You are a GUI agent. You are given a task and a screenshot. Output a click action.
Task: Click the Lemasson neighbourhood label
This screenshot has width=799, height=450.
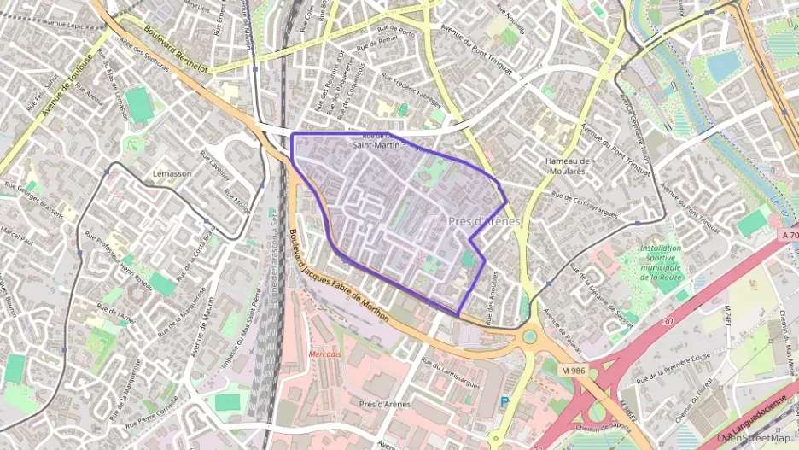[172, 173]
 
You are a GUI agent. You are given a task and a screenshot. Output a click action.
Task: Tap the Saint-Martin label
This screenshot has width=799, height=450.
[376, 145]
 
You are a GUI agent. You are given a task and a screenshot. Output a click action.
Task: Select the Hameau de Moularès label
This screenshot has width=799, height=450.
[568, 166]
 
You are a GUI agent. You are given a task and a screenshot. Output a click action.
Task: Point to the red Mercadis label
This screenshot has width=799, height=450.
[324, 354]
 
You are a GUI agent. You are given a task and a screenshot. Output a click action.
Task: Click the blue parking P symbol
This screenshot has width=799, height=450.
[504, 400]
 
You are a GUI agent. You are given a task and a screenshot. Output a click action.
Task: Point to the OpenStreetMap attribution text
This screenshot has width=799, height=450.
[754, 438]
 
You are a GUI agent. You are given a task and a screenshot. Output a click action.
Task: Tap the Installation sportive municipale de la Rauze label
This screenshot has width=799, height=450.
[661, 262]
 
